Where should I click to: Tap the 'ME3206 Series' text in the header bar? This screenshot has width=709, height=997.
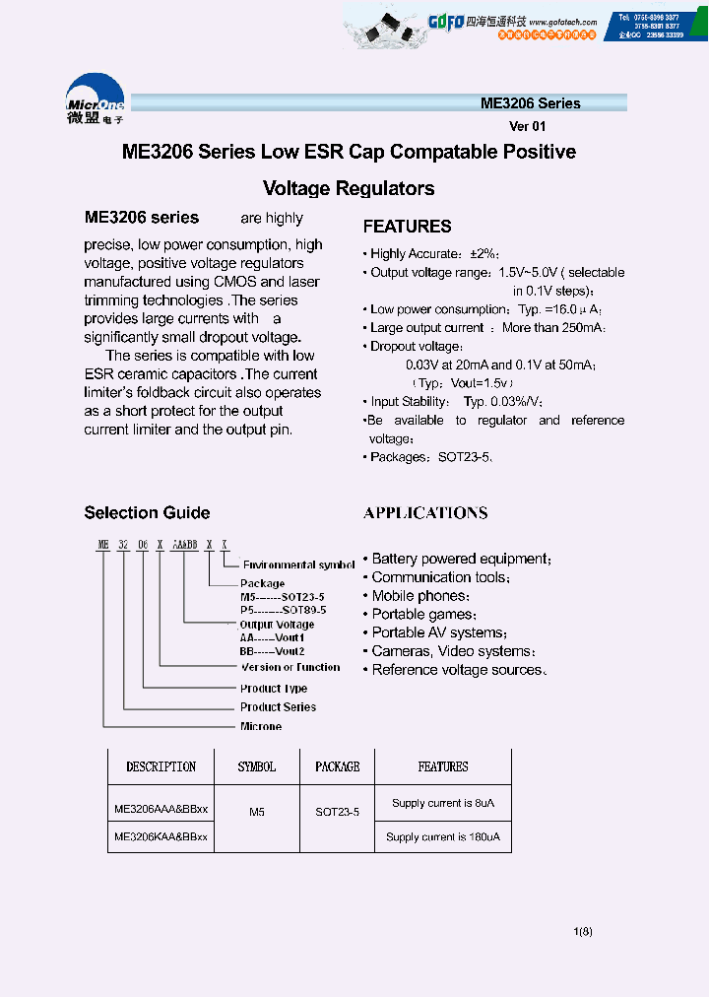coord(530,103)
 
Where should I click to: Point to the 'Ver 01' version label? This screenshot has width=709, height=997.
coord(527,126)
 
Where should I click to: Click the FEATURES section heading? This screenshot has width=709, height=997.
coord(407,227)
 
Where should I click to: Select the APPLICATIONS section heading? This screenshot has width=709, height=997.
coord(425,513)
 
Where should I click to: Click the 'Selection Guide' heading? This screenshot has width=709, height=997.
coord(147,512)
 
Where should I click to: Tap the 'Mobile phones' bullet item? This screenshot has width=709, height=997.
coord(420,596)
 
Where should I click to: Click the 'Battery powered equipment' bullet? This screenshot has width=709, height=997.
coord(461,559)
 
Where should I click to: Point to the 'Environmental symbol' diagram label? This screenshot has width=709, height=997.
coord(298,565)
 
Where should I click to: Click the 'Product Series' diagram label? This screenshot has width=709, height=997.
coord(278,707)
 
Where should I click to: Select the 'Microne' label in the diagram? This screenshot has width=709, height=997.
coord(261,727)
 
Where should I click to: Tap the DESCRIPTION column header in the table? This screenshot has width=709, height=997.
coord(161,766)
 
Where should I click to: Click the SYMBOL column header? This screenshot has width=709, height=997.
coord(256,766)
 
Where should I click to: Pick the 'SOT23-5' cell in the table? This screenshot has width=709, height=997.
coord(337,813)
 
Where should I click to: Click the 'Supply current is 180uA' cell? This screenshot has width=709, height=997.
coord(443,837)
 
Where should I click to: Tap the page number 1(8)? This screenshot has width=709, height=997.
coord(582,932)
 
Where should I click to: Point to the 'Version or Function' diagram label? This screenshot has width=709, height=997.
coord(290,667)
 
